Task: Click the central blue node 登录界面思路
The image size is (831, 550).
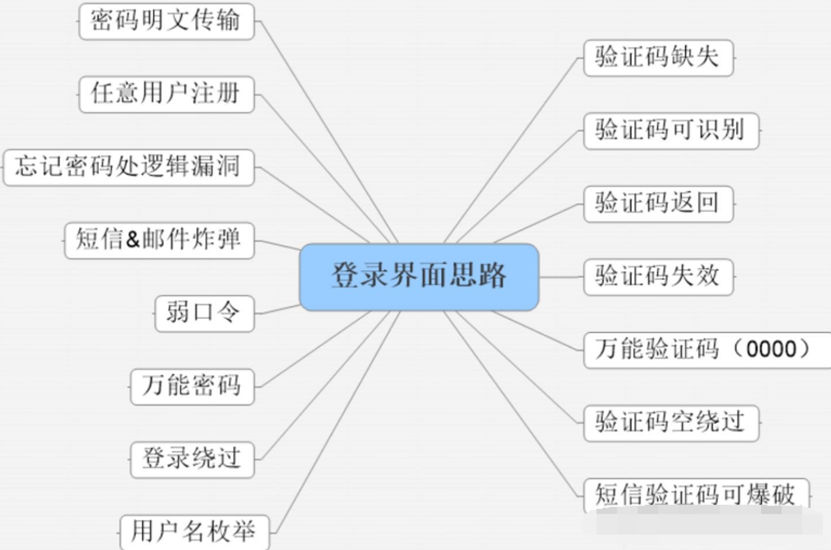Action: pyautogui.click(x=419, y=277)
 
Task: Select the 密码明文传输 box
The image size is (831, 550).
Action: pyautogui.click(x=167, y=22)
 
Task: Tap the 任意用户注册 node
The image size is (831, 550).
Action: pyautogui.click(x=167, y=94)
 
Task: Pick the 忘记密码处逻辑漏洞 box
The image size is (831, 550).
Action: pyautogui.click(x=129, y=167)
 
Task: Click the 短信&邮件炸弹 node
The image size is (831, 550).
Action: pyautogui.click(x=160, y=241)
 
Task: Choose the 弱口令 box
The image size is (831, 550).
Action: pyautogui.click(x=204, y=314)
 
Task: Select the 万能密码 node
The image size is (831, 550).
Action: pyautogui.click(x=192, y=387)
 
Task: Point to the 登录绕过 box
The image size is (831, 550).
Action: pyautogui.click(x=192, y=460)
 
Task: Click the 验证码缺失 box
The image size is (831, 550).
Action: pyautogui.click(x=659, y=58)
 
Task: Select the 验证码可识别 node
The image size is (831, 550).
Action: pyautogui.click(x=671, y=131)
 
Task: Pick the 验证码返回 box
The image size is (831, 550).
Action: pyautogui.click(x=659, y=204)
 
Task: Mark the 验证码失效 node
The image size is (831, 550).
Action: pyautogui.click(x=659, y=277)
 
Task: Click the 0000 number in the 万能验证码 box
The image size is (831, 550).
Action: pyautogui.click(x=771, y=349)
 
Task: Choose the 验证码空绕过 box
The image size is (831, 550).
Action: pyautogui.click(x=671, y=423)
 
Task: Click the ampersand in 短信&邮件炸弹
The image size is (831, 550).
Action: pyautogui.click(x=133, y=240)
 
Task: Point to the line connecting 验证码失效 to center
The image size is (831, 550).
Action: pyautogui.click(x=561, y=277)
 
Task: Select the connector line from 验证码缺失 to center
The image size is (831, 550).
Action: pyautogui.click(x=511, y=150)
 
